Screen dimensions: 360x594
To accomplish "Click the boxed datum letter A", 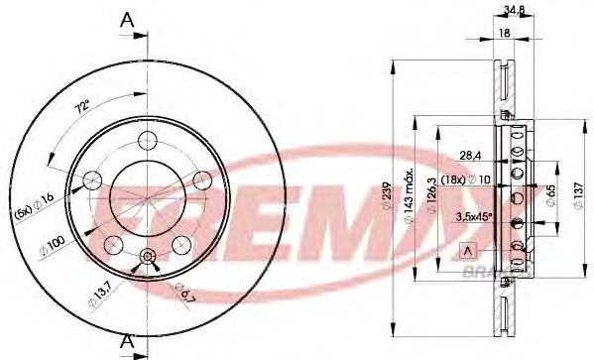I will click(x=467, y=248).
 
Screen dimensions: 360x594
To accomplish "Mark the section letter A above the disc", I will click(x=126, y=18).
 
